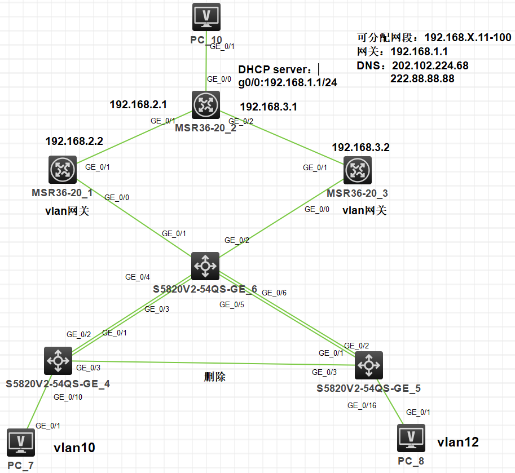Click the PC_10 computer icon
206,17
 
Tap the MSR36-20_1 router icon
63,169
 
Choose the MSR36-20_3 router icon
358,169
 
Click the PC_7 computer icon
21,442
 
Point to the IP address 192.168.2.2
74,141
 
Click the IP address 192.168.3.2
361,148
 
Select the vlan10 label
74,448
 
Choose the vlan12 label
458,442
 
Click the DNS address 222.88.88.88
422,78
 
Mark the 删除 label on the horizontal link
214,377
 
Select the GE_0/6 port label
275,293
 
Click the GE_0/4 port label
138,277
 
